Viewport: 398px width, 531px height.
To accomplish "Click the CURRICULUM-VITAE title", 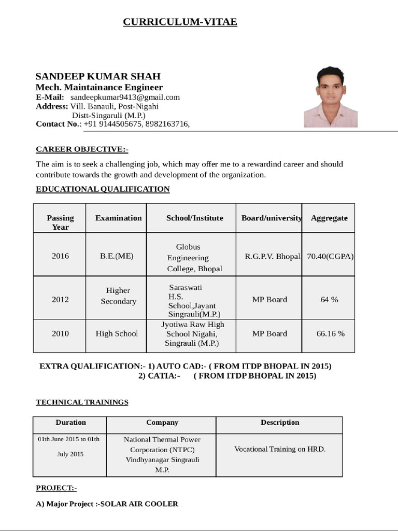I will click(180, 21).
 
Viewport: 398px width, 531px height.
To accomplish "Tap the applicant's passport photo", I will click(330, 97).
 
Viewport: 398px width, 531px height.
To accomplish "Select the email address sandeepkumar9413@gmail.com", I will click(125, 97).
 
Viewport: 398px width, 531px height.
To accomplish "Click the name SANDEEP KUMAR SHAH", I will click(98, 76).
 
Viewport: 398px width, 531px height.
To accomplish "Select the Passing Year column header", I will click(60, 222).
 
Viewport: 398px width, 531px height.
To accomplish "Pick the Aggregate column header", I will click(329, 218).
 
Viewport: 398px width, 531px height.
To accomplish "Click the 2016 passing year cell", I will click(60, 256).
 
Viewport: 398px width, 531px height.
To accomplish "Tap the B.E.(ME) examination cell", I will click(117, 256).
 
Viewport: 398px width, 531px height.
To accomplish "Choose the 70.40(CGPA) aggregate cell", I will click(330, 256).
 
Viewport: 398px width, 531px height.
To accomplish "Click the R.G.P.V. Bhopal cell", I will click(272, 256).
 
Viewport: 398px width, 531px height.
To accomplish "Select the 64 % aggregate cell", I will click(329, 299).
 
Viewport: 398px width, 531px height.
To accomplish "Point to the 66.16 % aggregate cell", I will click(330, 333).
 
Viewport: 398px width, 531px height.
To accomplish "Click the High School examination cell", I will click(117, 333).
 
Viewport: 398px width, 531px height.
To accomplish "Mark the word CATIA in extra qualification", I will click(162, 376).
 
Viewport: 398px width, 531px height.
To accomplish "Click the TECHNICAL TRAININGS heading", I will click(82, 402).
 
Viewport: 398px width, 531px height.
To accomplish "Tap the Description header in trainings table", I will click(280, 423).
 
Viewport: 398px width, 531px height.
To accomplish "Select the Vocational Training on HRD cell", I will click(280, 449).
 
